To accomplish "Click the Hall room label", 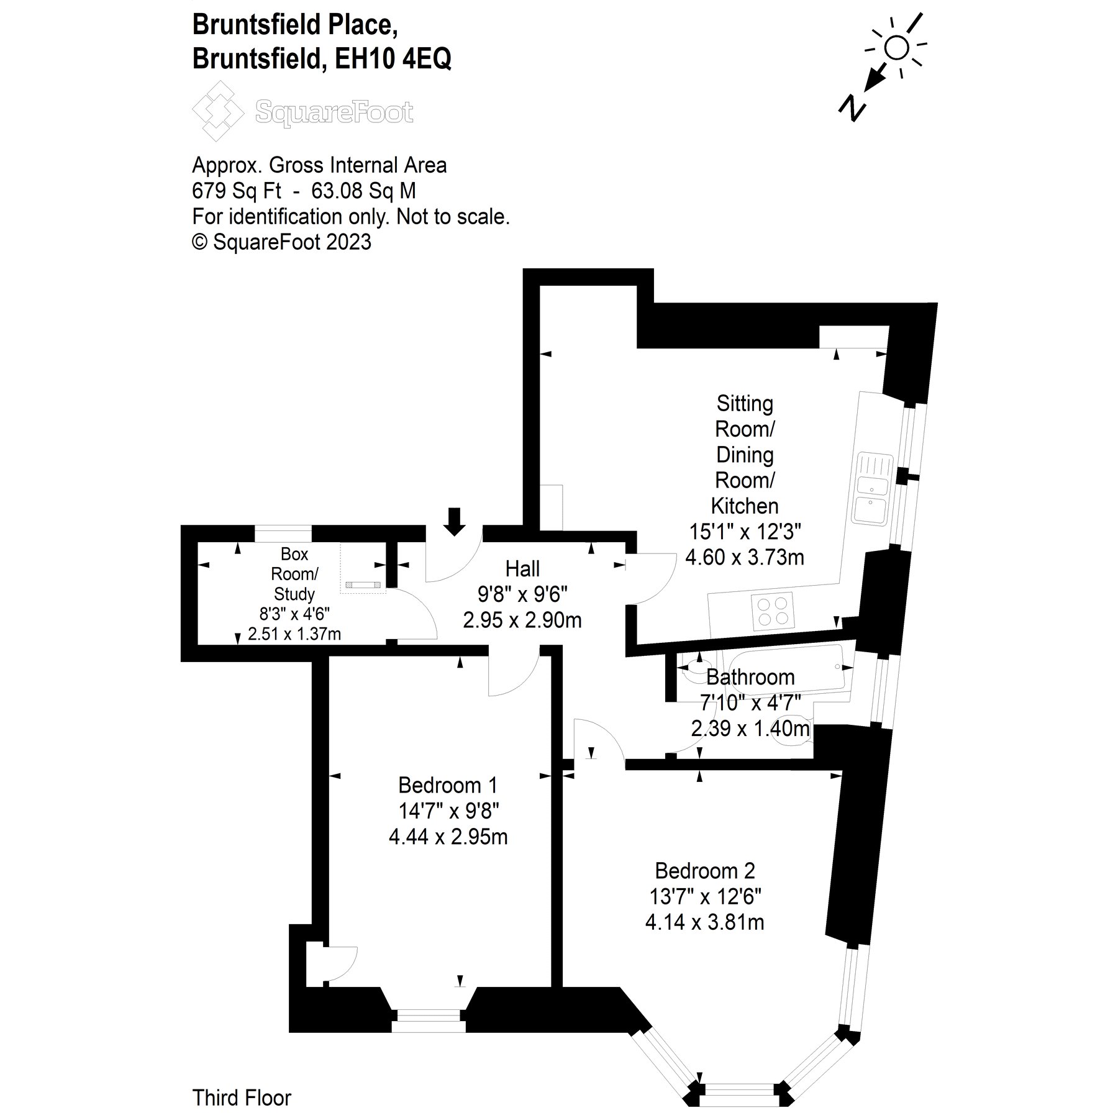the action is tap(522, 568).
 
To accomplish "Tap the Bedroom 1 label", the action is tap(448, 785).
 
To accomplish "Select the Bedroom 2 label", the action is tap(705, 871).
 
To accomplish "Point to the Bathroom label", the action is tap(750, 677).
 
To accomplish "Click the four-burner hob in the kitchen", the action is tap(774, 610).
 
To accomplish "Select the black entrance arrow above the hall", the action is tap(455, 521).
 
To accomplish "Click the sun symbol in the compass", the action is tap(896, 47).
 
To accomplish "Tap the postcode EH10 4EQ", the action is tap(393, 59).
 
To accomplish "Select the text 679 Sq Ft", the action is tap(237, 191).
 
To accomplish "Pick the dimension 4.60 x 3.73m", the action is tap(744, 557).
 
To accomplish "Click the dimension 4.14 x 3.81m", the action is tap(705, 922).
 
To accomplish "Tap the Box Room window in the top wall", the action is tap(283, 534).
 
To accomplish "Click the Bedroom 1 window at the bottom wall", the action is tap(429, 1032).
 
